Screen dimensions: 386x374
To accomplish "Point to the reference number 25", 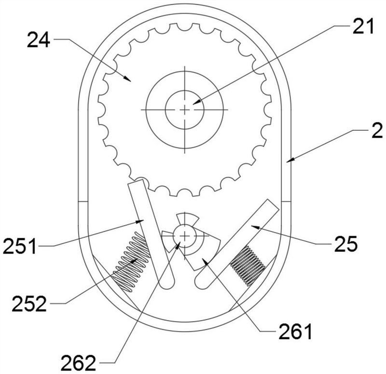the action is (345, 244).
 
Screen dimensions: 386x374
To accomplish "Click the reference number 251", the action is (20, 246).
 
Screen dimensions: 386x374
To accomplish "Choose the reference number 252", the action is (29, 304).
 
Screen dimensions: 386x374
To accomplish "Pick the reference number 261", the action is (295, 332).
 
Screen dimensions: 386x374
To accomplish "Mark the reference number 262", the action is (78, 363).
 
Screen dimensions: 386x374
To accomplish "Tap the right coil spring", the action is (248, 266).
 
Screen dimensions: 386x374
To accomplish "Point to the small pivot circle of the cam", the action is (185, 236).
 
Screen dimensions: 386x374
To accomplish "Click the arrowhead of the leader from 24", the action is (127, 79).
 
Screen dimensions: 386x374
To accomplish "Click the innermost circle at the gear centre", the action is (185, 109).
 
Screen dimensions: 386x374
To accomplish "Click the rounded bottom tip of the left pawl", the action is (167, 282).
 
